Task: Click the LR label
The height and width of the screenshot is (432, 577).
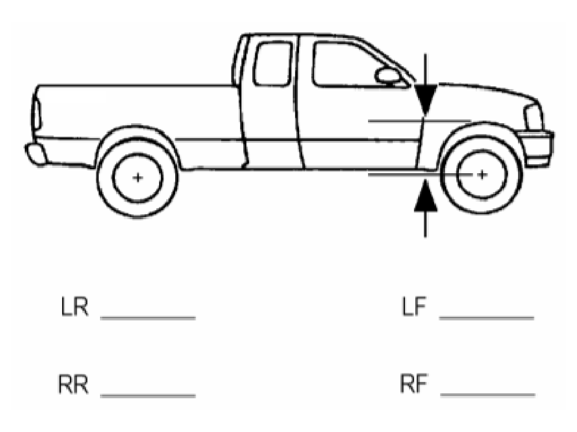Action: click(75, 307)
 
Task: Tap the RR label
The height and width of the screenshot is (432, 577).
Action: click(73, 385)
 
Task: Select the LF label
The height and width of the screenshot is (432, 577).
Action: click(414, 307)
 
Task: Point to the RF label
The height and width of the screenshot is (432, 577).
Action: click(413, 385)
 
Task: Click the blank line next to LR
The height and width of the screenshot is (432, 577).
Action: click(148, 317)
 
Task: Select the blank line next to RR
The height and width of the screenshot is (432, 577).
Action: click(148, 395)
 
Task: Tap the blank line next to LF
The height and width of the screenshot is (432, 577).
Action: click(487, 317)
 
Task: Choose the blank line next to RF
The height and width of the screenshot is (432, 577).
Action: click(488, 395)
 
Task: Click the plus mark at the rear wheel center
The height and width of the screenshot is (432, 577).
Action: click(138, 177)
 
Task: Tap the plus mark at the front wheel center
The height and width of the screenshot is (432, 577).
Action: click(482, 174)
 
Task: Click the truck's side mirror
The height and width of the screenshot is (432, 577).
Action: click(388, 76)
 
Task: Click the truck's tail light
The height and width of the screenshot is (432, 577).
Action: click(35, 110)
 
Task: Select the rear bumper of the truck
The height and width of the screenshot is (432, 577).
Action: click(35, 153)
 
